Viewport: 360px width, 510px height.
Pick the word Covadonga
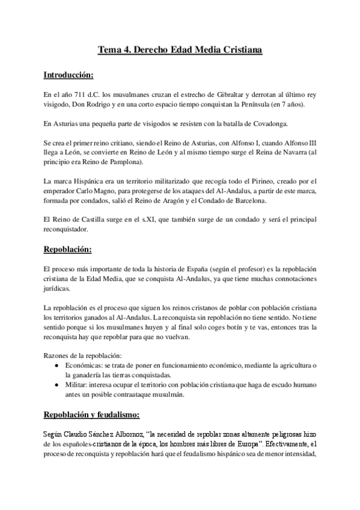coord(269,124)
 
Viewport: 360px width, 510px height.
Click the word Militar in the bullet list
coord(77,385)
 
